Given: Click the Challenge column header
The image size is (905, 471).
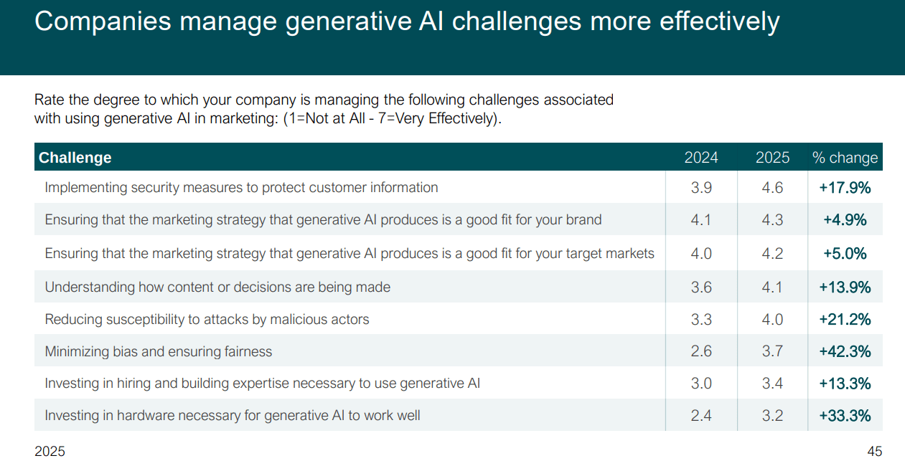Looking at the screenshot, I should pos(75,158).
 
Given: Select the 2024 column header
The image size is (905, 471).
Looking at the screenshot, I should pos(701,158).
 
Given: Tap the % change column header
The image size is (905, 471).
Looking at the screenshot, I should pos(845,158).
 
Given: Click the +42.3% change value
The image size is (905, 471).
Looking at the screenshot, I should pos(845,351).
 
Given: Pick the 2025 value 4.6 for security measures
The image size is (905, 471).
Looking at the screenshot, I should pos(772,188).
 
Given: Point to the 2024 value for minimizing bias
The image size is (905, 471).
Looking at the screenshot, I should pos(701,351).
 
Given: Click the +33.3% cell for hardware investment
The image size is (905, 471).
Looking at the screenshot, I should pos(845,415).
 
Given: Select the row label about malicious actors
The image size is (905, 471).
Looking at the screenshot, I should pos(207,319).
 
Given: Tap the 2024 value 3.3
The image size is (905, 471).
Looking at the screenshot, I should pos(701,319).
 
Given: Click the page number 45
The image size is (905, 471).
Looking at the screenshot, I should pos(874,452).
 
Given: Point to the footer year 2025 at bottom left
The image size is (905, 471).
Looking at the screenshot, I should pos(50,452).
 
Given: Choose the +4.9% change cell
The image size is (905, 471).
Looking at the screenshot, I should pos(845,220).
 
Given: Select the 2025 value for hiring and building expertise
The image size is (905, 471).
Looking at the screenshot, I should pos(772,384).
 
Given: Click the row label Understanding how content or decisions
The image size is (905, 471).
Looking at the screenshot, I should pos(217,287).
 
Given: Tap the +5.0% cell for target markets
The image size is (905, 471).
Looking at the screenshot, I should pos(845,253).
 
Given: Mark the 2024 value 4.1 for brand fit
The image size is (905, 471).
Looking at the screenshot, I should pos(701,220).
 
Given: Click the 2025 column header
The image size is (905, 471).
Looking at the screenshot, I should pos(772,158).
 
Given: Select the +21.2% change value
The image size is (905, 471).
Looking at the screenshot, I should pos(845,319).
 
